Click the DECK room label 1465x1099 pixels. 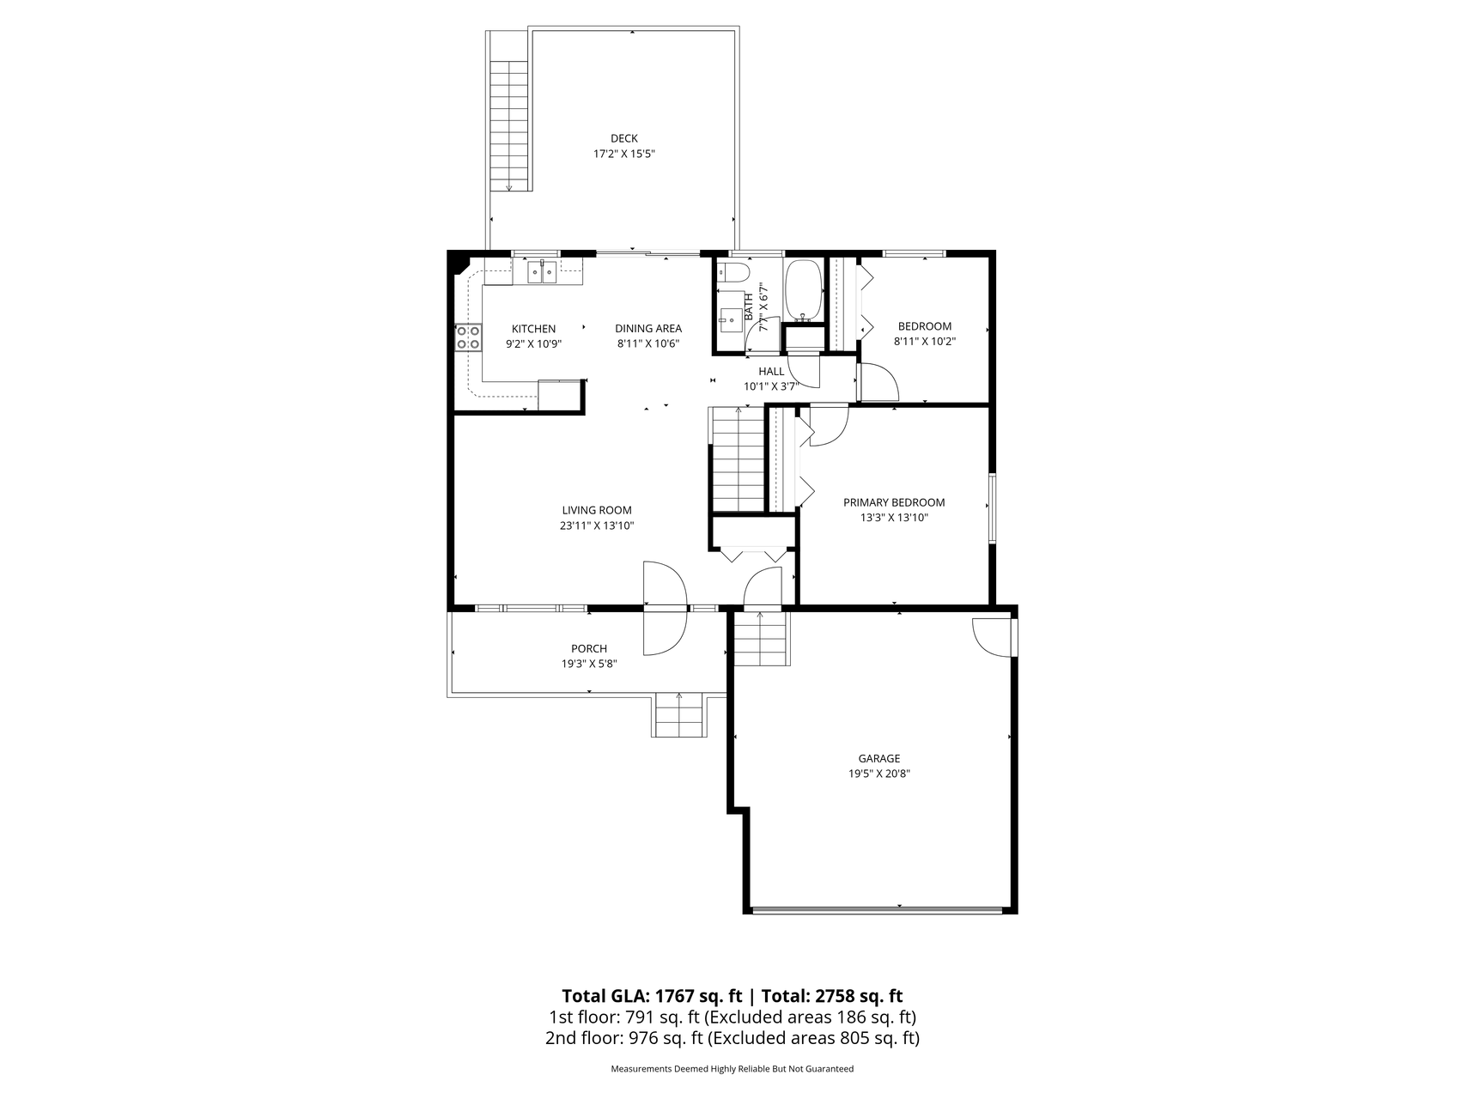click(x=624, y=138)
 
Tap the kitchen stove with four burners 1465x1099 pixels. click(x=468, y=337)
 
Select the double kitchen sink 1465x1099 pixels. click(x=542, y=272)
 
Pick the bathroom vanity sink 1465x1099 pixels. click(x=732, y=319)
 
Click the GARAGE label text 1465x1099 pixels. click(x=879, y=758)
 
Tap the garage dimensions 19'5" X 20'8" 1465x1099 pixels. click(x=879, y=774)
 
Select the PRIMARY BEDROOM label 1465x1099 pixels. click(x=894, y=502)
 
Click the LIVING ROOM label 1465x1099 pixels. click(x=597, y=510)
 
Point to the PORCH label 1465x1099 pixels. click(x=589, y=648)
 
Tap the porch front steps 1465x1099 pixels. click(x=679, y=714)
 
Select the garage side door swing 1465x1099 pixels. click(x=991, y=636)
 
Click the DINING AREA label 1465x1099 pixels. click(x=648, y=328)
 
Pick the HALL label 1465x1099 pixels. click(x=771, y=371)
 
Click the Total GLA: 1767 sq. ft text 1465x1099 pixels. click(x=651, y=996)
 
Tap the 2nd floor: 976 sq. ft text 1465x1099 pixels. click(x=623, y=1038)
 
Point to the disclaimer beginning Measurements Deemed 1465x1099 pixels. click(x=732, y=1069)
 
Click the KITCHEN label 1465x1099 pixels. click(x=533, y=329)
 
